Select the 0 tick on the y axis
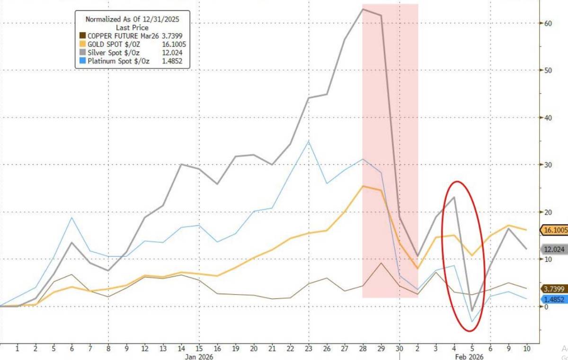546,306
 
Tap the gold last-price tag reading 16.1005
554,230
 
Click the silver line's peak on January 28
363,9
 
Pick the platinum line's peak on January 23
309,141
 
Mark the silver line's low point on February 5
472,311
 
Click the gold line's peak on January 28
363,186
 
